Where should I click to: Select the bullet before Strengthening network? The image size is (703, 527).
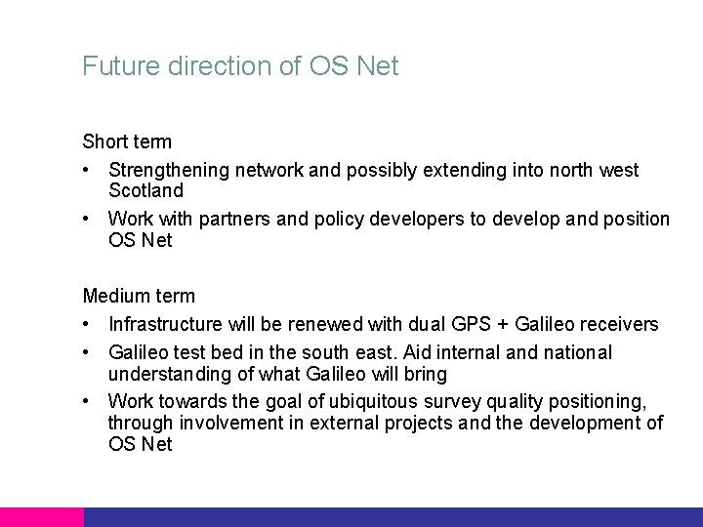point(88,171)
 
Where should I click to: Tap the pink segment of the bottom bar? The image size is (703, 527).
point(41,516)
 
